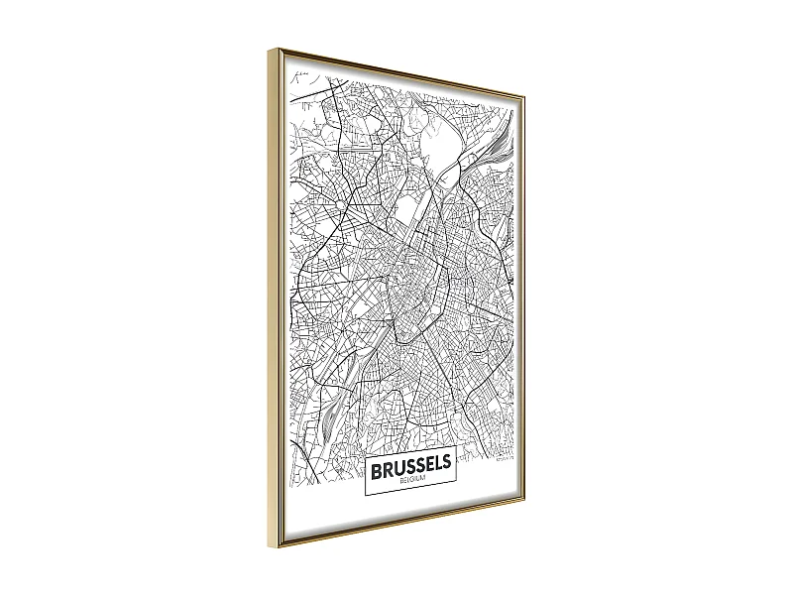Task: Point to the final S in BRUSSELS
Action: (446, 463)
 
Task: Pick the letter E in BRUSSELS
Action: (424, 463)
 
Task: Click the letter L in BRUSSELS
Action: (435, 463)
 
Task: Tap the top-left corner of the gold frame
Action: (271, 47)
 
